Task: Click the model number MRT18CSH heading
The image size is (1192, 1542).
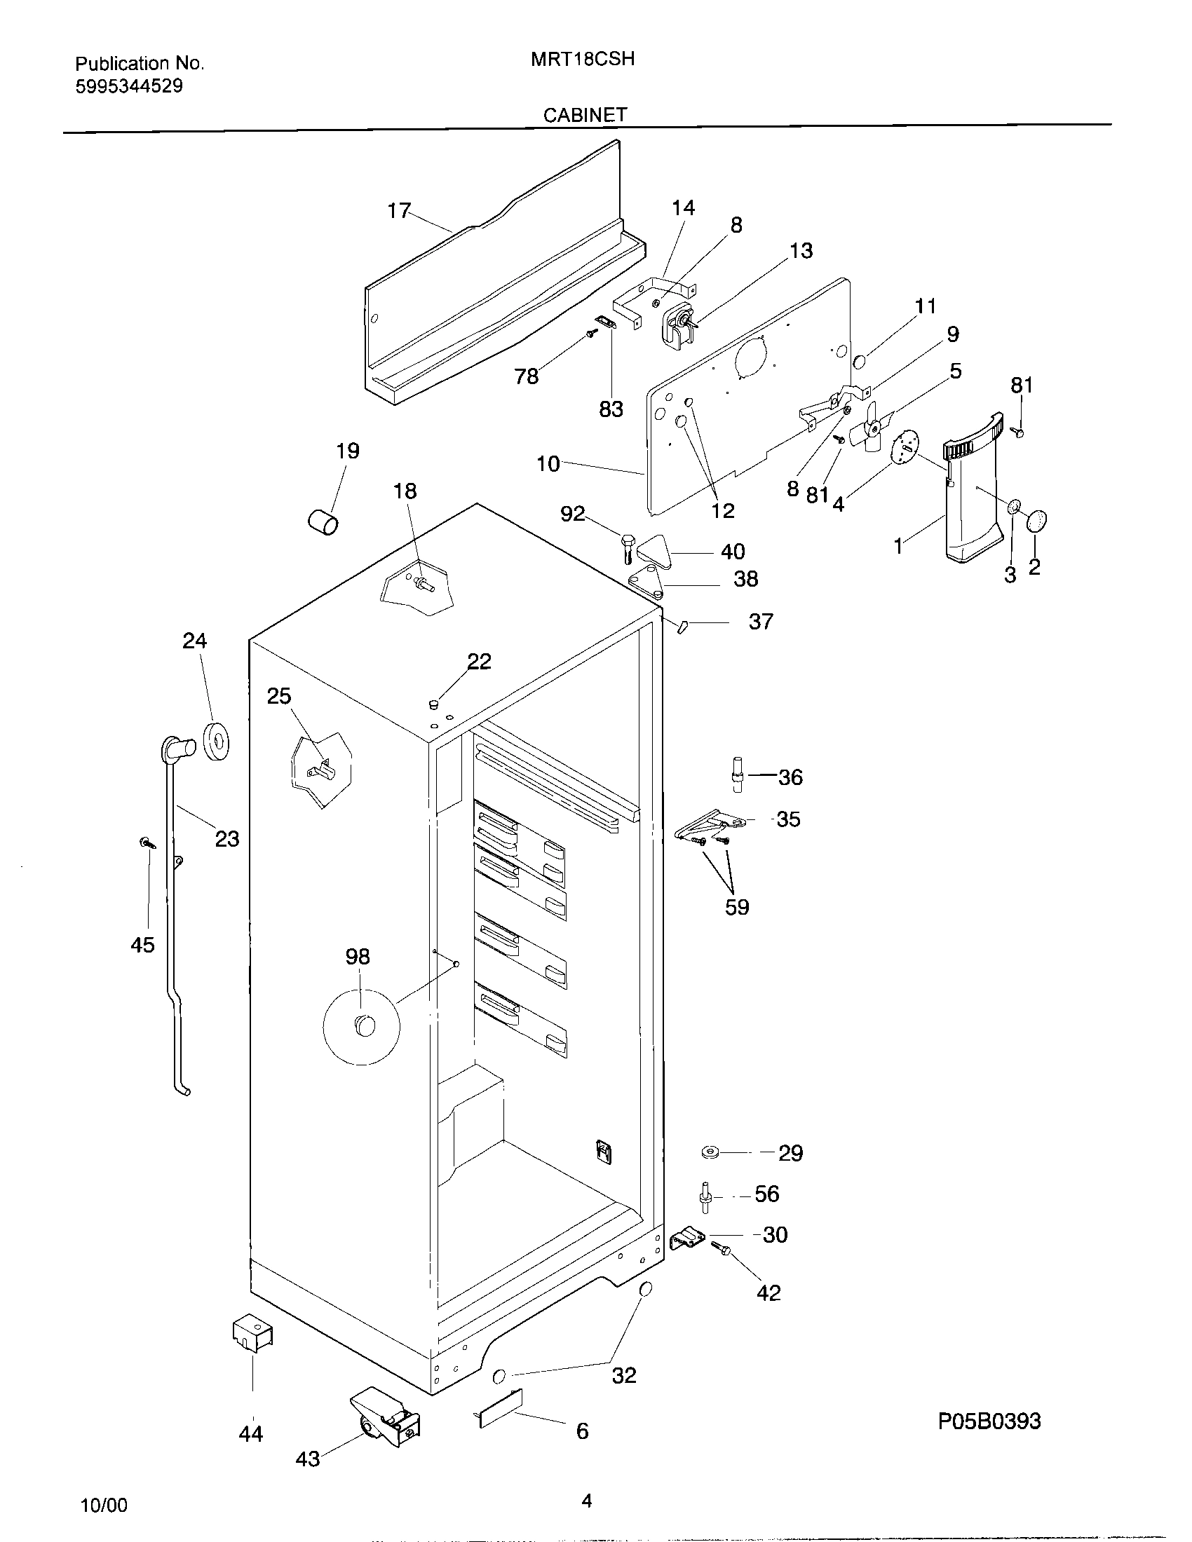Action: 582,60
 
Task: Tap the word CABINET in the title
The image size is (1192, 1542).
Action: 585,114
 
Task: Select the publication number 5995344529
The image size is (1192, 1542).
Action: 128,86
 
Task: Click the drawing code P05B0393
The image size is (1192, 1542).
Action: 989,1420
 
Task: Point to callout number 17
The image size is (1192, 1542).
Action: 399,210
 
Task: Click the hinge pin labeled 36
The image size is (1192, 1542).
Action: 737,775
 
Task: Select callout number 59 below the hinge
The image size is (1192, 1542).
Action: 736,907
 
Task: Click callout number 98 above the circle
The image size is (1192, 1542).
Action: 358,957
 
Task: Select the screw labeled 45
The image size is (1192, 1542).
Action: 147,842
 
